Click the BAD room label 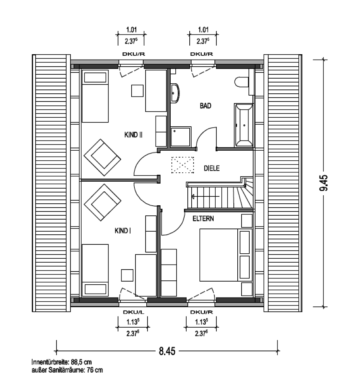click(x=206, y=106)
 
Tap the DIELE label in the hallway click(x=212, y=168)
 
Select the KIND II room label click(x=134, y=135)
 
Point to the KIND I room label click(x=123, y=231)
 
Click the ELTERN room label click(x=203, y=218)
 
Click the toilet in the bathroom click(x=241, y=82)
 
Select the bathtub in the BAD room click(x=243, y=125)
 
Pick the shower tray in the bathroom click(x=181, y=137)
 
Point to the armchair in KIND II click(x=102, y=158)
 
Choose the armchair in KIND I click(x=102, y=202)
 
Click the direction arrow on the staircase click(x=205, y=196)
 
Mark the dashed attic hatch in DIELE click(x=183, y=165)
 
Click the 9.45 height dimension click(x=324, y=183)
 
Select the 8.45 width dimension click(x=167, y=351)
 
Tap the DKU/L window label click(x=134, y=312)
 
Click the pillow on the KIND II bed click(x=95, y=77)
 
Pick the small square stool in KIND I click(x=127, y=275)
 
